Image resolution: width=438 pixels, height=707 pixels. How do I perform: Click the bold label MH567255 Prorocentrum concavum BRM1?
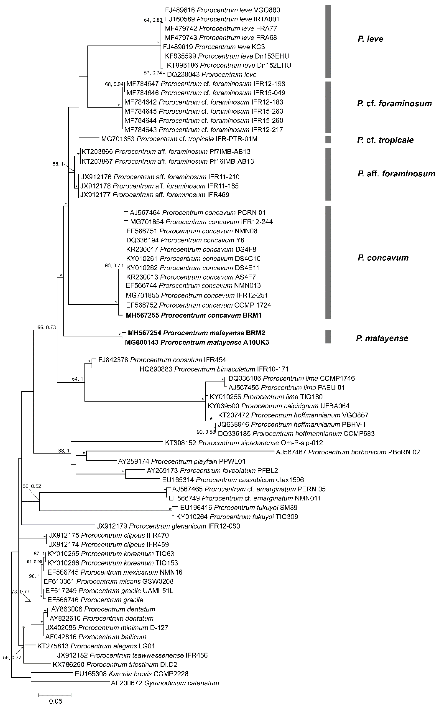pyautogui.click(x=194, y=315)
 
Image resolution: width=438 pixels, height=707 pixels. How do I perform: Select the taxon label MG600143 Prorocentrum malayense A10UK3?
pyautogui.click(x=197, y=342)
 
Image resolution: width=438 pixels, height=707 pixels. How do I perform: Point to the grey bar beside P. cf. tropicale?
pyautogui.click(x=328, y=140)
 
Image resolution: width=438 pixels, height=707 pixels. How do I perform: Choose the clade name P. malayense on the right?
pyautogui.click(x=382, y=338)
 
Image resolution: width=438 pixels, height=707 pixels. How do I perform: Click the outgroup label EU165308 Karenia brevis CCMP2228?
pyautogui.click(x=131, y=674)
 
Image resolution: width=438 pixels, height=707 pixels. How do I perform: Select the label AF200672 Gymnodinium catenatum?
pyautogui.click(x=165, y=683)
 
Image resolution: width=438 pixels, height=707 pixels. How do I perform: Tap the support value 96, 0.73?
pyautogui.click(x=114, y=265)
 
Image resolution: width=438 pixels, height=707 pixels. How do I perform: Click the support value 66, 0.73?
pyautogui.click(x=46, y=327)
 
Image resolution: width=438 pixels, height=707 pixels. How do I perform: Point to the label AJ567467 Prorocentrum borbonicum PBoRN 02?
pyautogui.click(x=348, y=452)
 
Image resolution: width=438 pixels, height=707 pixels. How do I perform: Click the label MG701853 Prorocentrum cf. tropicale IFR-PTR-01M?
pyautogui.click(x=179, y=139)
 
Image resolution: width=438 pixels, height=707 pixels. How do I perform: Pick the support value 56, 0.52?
pyautogui.click(x=32, y=486)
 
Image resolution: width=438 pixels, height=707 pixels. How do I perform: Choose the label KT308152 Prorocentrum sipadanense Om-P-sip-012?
pyautogui.click(x=244, y=443)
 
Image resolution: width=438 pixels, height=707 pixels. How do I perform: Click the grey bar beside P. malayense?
pyautogui.click(x=328, y=336)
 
